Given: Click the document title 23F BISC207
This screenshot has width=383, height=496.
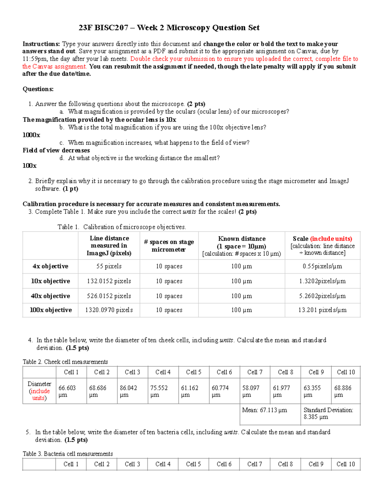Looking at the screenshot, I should [169, 28].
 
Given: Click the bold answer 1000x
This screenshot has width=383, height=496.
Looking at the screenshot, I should [31, 135].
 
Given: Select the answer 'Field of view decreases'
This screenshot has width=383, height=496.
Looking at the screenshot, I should [56, 150].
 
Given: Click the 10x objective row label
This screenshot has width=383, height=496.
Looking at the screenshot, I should [50, 281].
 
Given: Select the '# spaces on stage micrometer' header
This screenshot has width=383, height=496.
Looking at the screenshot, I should [169, 246].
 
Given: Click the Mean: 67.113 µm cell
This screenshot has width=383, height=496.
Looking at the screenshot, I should [265, 410].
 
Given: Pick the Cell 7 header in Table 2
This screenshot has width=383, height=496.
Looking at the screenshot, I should [255, 372].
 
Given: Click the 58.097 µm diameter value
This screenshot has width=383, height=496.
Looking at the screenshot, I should [251, 391].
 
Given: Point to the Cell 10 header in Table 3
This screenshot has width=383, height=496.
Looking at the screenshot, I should [346, 464].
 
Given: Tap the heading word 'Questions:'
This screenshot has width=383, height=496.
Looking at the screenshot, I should [38, 89].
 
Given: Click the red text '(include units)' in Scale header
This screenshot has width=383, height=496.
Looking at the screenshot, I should [331, 239].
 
